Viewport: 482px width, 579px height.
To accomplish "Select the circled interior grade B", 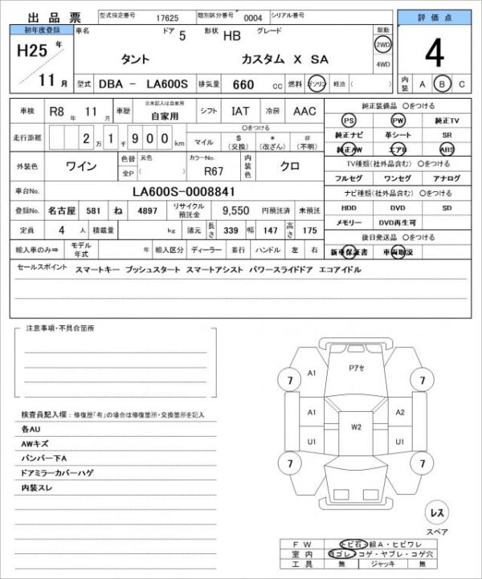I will tap(441, 84).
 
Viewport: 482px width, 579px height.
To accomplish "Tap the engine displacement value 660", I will tap(243, 84).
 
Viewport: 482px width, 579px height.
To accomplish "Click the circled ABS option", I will tap(447, 149).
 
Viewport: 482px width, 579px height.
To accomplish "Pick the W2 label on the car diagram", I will tap(356, 427).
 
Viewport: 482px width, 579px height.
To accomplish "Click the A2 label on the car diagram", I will tap(400, 412).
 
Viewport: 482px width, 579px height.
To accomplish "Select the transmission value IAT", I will tap(240, 112).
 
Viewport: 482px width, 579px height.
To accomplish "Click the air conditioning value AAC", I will tap(304, 112).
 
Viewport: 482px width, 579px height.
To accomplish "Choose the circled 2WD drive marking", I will tap(382, 45).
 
